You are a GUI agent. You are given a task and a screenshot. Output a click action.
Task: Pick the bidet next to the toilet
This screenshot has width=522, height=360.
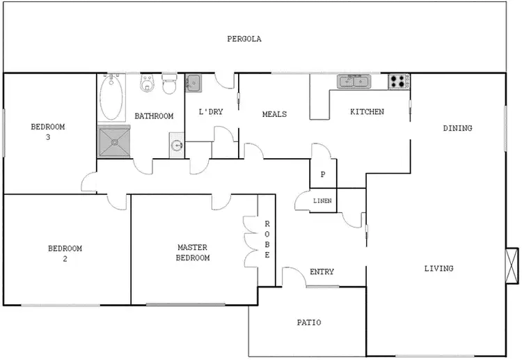pyautogui.click(x=147, y=85)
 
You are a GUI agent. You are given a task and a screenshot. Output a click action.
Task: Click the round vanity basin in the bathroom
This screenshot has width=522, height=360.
pyautogui.click(x=177, y=146)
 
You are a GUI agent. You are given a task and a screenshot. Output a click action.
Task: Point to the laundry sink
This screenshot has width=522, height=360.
pyautogui.click(x=193, y=83)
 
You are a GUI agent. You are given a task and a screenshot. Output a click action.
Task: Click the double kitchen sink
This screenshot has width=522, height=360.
pyautogui.click(x=355, y=81)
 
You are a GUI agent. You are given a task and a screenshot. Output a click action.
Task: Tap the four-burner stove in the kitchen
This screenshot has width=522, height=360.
pyautogui.click(x=399, y=81)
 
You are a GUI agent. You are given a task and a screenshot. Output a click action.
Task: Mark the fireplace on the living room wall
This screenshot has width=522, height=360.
pyautogui.click(x=512, y=265)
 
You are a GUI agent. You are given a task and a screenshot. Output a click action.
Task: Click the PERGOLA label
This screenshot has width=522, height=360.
pyautogui.click(x=244, y=39)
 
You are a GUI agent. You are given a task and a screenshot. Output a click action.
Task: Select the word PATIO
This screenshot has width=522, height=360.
pyautogui.click(x=308, y=322)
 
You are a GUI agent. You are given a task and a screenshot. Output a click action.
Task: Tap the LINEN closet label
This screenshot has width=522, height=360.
pyautogui.click(x=322, y=201)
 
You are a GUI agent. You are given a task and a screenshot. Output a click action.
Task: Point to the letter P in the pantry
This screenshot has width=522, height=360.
pyautogui.click(x=322, y=175)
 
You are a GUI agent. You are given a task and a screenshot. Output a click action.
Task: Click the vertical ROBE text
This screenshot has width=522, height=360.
pyautogui.click(x=267, y=240)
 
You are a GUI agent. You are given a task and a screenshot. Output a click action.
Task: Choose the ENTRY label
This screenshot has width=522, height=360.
pyautogui.click(x=322, y=272)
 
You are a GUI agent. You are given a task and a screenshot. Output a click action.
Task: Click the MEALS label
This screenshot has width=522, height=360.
pyautogui.click(x=274, y=114)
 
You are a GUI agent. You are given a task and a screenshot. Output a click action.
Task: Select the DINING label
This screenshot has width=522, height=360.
pyautogui.click(x=457, y=128)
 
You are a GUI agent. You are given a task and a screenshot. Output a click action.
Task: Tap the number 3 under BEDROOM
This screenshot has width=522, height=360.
pyautogui.click(x=48, y=137)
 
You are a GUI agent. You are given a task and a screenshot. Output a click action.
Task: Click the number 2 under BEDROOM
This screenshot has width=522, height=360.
pyautogui.click(x=65, y=258)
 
